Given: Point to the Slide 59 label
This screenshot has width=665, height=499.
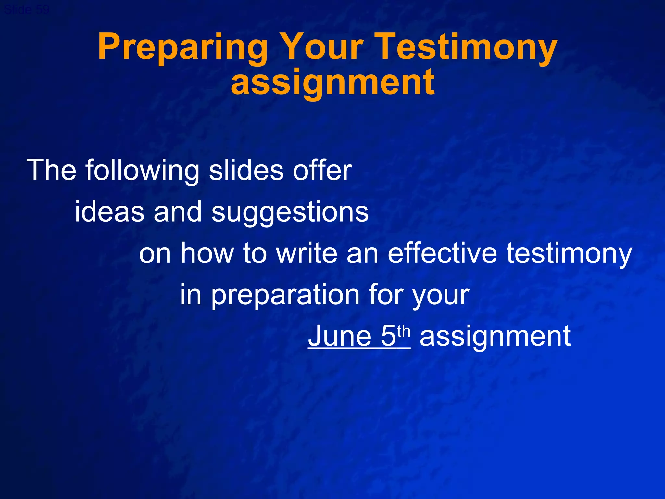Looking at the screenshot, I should tap(27, 10).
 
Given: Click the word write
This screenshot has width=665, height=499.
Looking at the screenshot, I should tap(307, 253).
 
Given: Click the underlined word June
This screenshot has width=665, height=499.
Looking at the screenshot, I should tap(340, 336).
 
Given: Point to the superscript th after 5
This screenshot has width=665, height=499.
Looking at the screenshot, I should tap(404, 331).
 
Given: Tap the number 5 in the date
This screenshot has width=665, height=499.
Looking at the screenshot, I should tap(388, 336).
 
